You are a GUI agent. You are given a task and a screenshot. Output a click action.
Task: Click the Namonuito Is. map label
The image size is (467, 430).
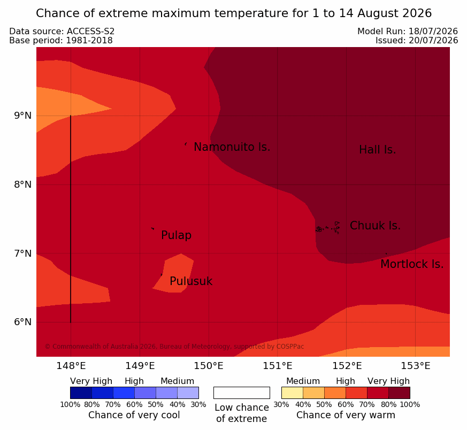coord(232,147)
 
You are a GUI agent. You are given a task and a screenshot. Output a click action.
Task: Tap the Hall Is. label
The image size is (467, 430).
coord(377,150)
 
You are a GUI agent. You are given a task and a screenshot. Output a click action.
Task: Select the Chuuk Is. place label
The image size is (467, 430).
coord(375,226)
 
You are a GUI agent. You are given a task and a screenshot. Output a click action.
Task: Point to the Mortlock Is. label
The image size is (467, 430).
coord(412,264)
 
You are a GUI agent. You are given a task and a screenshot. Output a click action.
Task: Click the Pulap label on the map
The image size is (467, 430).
coord(176,235)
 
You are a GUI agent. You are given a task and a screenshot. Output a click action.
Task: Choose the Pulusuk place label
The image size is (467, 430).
coord(191,281)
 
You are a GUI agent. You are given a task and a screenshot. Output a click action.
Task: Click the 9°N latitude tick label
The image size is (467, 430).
coord(22,116)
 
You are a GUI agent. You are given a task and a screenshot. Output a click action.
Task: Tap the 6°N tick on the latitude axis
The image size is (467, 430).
coord(22,322)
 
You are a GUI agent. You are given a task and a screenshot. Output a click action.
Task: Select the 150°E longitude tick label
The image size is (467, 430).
coord(209,366)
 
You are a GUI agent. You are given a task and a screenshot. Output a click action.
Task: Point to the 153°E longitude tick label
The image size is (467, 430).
coord(415,366)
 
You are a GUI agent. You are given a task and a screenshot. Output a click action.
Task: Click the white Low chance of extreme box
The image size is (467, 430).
coord(242,393)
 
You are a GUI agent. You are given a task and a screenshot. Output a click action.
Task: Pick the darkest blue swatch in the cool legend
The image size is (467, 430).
coord(81,393)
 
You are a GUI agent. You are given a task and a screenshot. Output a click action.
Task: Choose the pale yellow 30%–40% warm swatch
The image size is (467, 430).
coord(292,393)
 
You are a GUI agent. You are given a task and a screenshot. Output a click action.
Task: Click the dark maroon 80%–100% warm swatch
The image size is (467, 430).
coord(399,393)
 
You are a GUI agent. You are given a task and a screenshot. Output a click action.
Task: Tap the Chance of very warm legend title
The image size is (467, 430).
coord(346,415)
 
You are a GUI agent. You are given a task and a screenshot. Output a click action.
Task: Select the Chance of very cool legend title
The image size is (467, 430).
coord(134,415)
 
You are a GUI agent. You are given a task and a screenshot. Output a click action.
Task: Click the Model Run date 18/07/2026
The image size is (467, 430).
coord(433,31)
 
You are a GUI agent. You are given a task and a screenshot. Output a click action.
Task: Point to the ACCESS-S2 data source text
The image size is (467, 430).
coord(90,31)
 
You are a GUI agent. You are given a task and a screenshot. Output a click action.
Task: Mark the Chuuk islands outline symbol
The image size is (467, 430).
coord(328,228)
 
